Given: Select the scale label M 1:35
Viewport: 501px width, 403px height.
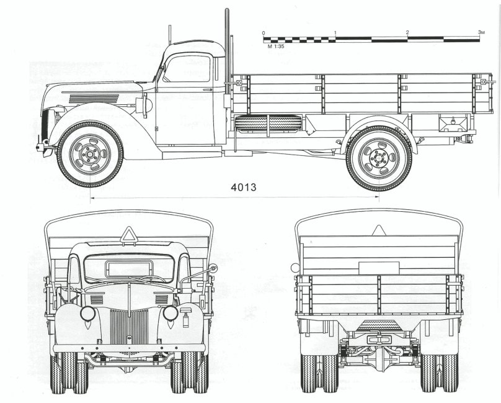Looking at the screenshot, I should click(275, 47).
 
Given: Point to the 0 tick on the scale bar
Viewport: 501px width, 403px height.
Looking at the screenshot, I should click(264, 32).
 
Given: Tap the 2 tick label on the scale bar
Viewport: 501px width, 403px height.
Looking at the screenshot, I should click(407, 32).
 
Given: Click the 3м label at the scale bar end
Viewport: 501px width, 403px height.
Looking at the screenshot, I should click(480, 32).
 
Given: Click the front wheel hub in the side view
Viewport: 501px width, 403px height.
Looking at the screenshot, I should click(90, 153).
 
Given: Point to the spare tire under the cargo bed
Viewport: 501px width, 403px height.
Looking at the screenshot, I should click(268, 123).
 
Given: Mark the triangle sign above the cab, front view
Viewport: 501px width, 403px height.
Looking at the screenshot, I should click(129, 235).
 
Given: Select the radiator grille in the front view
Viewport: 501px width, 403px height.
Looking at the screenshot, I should click(129, 327).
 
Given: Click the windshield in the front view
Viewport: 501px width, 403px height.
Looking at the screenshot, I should click(129, 268).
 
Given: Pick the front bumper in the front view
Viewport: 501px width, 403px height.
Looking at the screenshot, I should click(129, 348).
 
